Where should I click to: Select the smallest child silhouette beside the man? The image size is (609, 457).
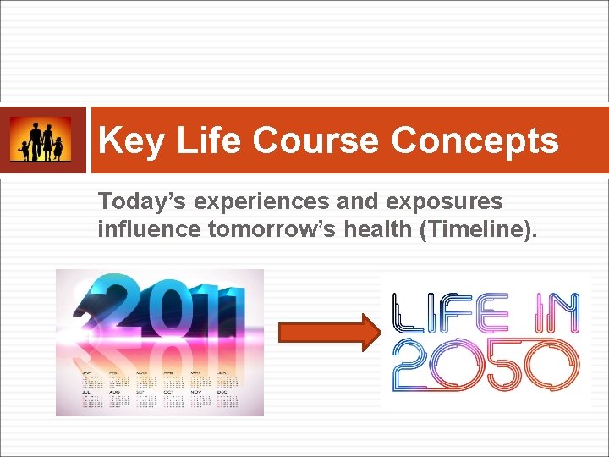coord(25,151)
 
